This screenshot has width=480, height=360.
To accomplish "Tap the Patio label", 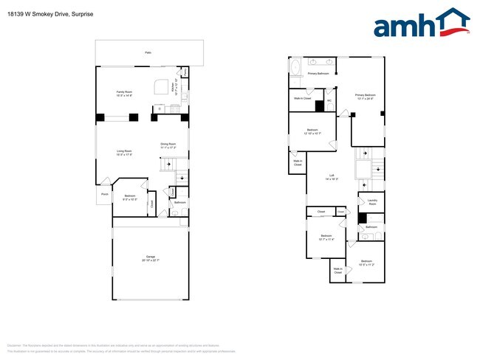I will point(148,53).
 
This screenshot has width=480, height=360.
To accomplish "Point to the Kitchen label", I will point(174,88).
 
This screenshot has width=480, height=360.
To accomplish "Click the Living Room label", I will point(123,153).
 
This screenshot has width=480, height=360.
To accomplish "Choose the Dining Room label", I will point(168,145).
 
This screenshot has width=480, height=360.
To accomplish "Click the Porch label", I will point(103,195).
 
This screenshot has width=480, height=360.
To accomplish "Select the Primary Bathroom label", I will point(318,74).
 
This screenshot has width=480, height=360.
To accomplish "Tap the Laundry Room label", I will point(372,201).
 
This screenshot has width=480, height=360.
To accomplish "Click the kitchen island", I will point(161,88).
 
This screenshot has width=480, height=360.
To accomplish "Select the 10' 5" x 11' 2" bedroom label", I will point(367,263).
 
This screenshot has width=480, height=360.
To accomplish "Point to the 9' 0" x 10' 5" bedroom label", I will point(130,197).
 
